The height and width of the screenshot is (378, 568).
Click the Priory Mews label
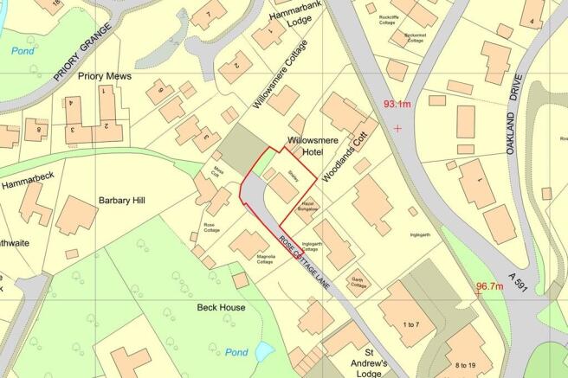tap(105, 76)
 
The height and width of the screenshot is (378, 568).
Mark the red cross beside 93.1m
tap(397, 128)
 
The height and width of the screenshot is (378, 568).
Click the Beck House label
tap(220, 308)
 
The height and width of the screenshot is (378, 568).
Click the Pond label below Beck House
tap(236, 352)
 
